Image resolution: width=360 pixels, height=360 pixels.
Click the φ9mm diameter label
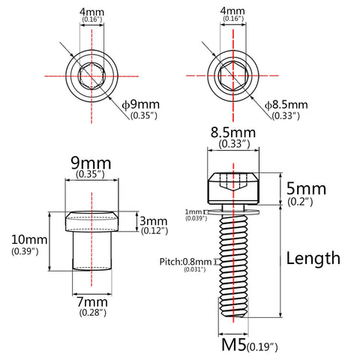tap(144, 104)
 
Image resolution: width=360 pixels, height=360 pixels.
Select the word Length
tap(313, 258)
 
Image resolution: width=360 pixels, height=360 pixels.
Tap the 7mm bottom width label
tap(91, 301)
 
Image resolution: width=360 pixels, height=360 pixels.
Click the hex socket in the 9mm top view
tap(92, 76)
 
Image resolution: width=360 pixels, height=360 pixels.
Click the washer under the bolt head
tap(235, 211)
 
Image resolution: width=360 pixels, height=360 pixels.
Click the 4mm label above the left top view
tap(91, 12)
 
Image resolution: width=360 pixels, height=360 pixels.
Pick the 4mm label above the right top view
tap(233, 12)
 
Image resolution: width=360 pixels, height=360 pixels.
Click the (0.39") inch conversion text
tap(27, 252)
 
